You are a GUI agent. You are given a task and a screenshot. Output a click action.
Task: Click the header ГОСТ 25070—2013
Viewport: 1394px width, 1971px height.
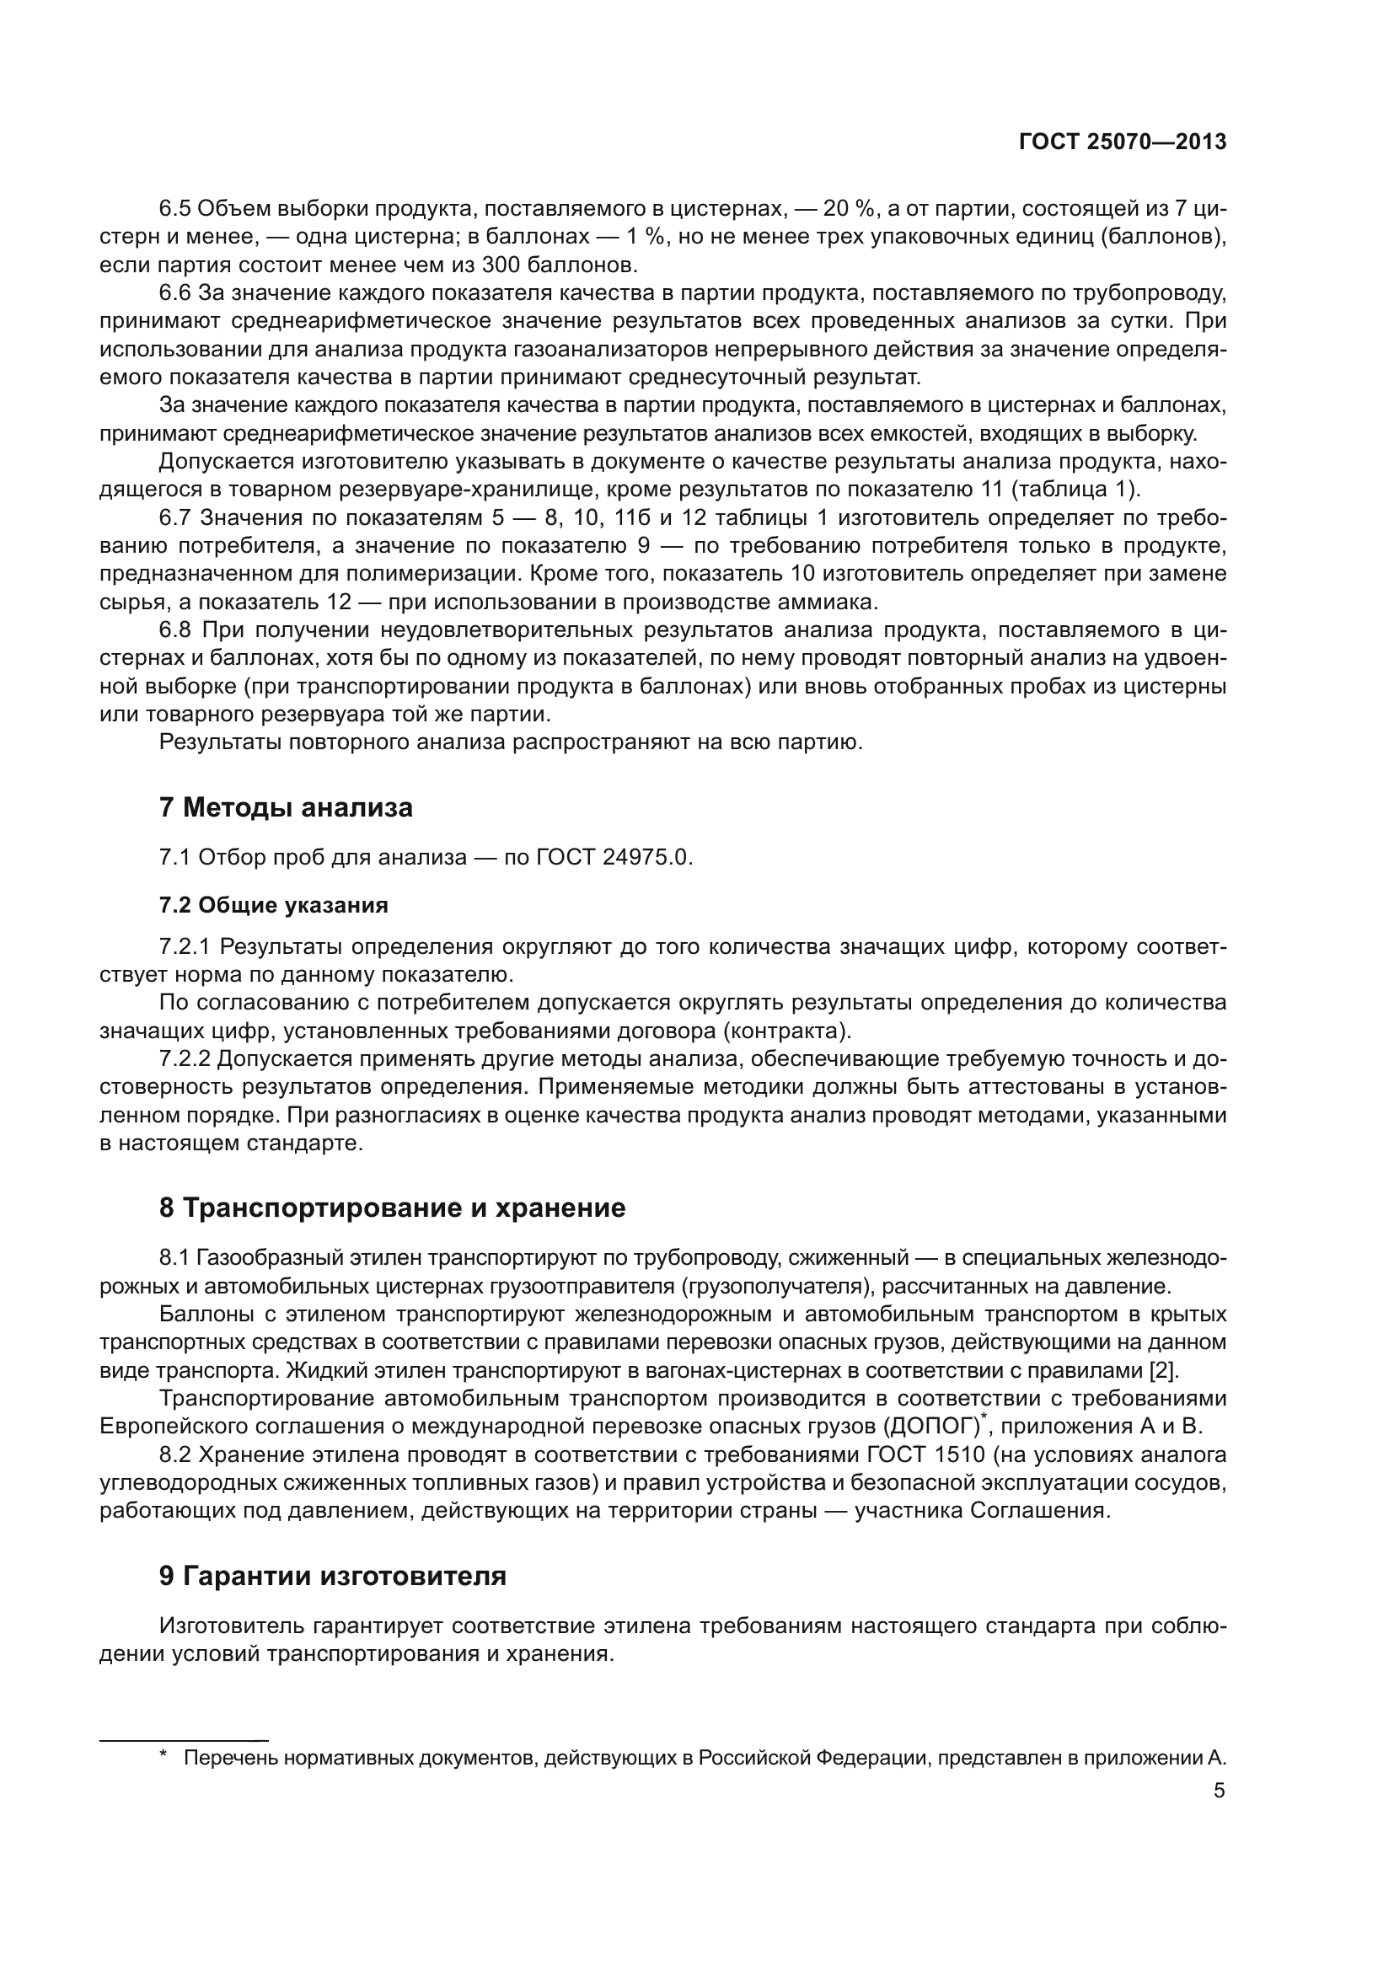pyautogui.click(x=1122, y=142)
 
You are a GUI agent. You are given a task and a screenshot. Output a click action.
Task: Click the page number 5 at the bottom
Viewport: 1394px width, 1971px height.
pyautogui.click(x=1219, y=1791)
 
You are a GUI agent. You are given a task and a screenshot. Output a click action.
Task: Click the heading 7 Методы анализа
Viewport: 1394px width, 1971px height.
pyautogui.click(x=286, y=808)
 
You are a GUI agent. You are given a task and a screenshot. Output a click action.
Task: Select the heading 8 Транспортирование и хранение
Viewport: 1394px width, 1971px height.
pyautogui.click(x=392, y=1208)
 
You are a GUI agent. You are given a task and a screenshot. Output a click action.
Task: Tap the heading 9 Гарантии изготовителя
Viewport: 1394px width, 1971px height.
pyautogui.click(x=332, y=1576)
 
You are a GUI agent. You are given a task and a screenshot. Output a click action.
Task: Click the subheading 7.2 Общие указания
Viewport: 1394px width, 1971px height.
pyautogui.click(x=273, y=905)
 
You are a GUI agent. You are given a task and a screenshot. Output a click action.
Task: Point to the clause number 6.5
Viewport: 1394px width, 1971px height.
pyautogui.click(x=176, y=209)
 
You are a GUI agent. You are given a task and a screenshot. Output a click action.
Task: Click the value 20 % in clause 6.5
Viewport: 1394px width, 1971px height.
pyautogui.click(x=846, y=209)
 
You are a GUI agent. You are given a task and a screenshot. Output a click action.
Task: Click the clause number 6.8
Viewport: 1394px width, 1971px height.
pyautogui.click(x=176, y=630)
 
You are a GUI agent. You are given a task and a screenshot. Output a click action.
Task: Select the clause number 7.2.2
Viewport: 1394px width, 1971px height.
pyautogui.click(x=185, y=1059)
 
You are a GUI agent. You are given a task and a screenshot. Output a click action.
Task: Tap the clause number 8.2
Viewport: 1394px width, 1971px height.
pyautogui.click(x=176, y=1455)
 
